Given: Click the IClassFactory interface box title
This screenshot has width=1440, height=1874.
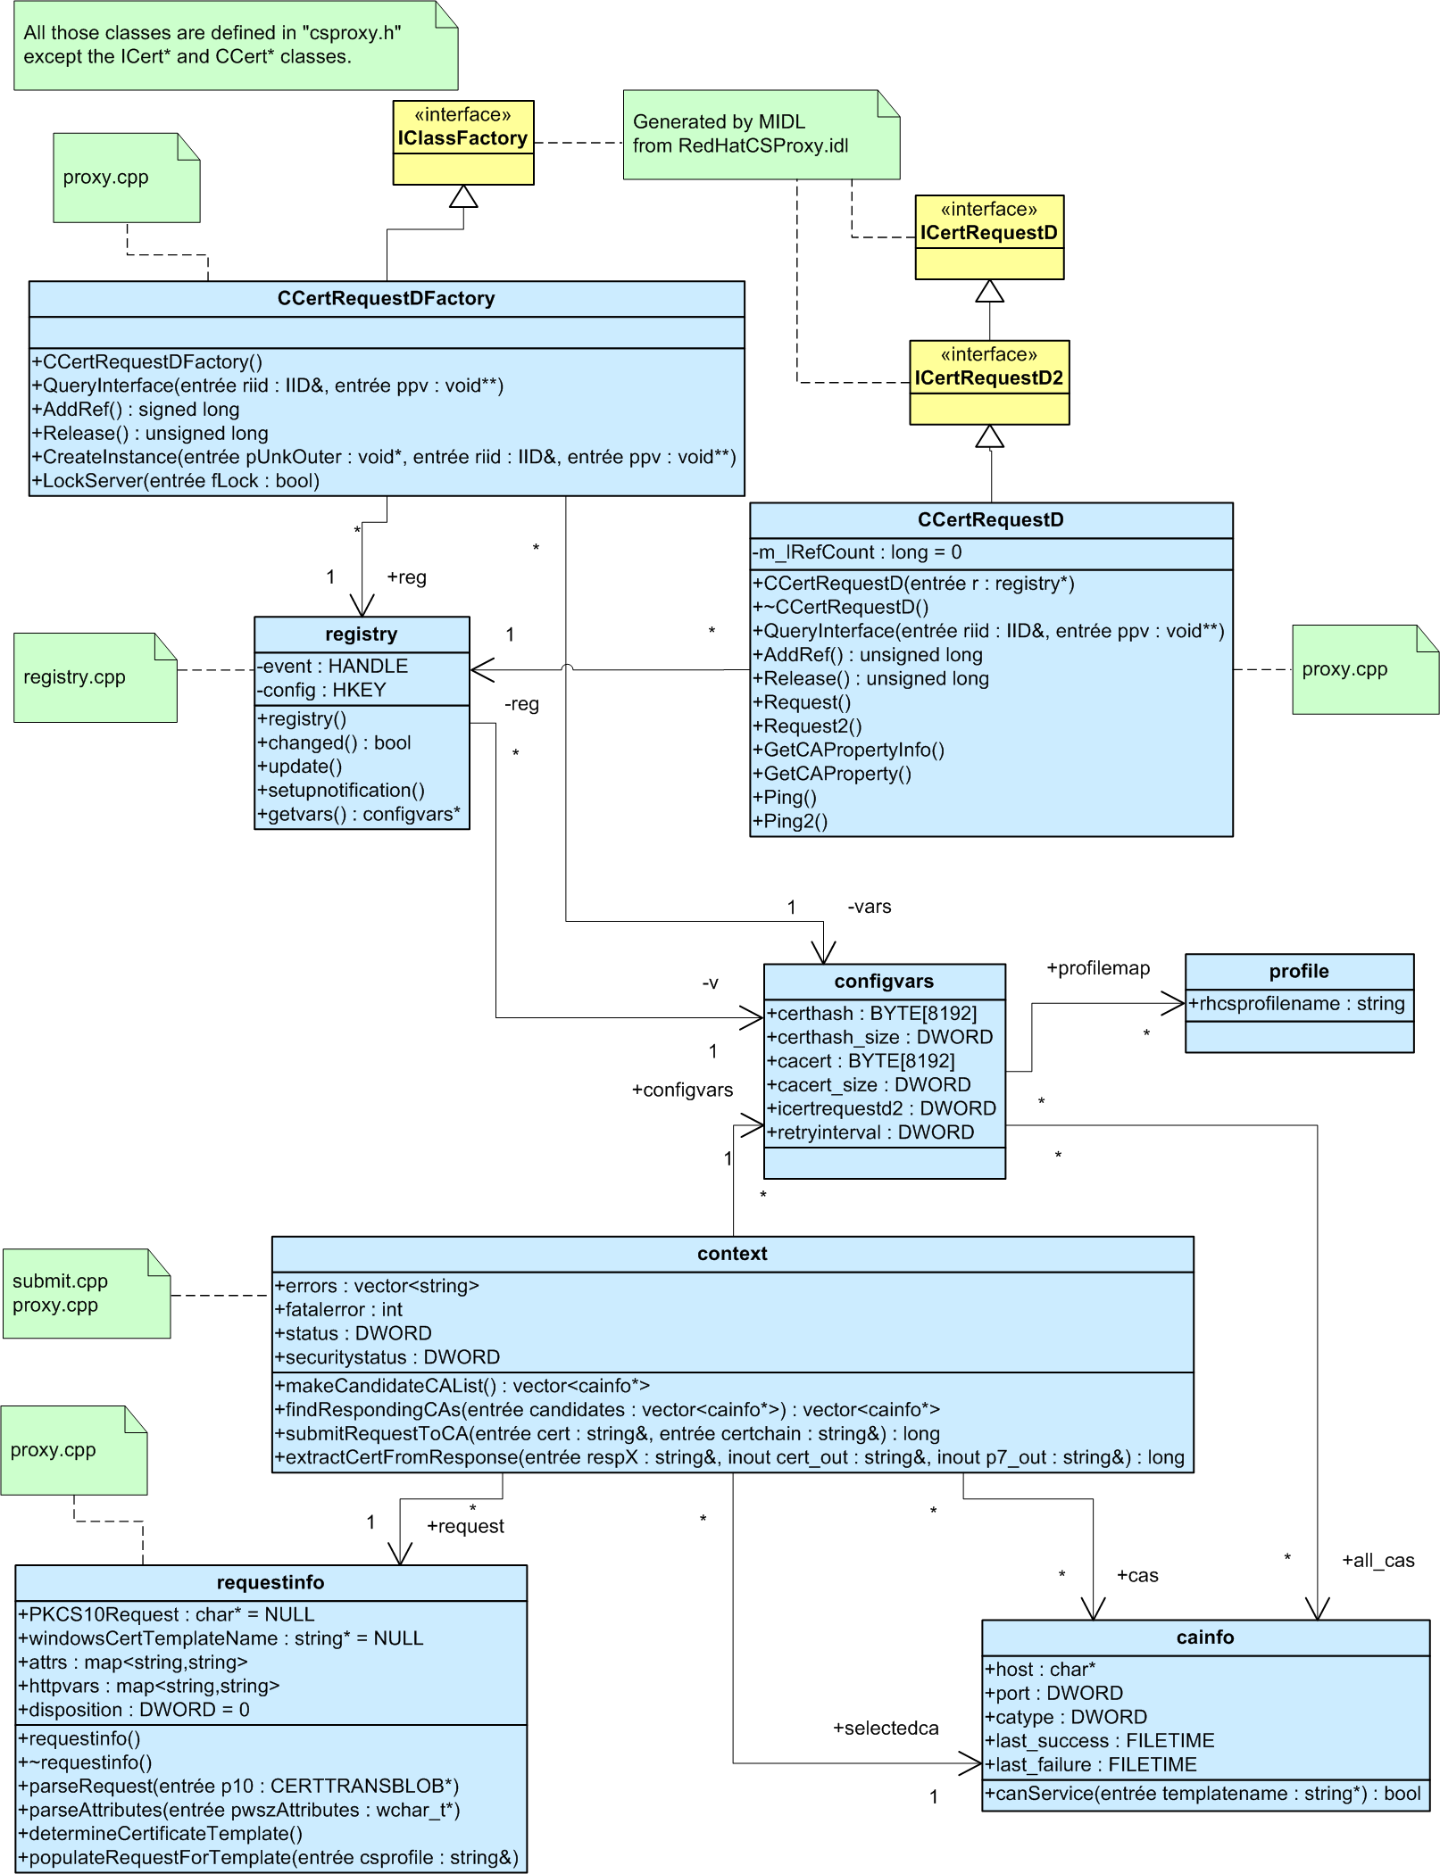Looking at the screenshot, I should (x=462, y=138).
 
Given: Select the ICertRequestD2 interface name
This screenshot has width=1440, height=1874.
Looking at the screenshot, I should (x=988, y=378).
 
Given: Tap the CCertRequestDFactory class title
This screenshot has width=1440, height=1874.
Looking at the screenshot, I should (x=386, y=299).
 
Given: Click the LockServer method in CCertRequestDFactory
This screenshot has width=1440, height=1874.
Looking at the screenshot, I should (x=176, y=481).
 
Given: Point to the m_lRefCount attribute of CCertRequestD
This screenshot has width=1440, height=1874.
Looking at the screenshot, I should (x=857, y=552).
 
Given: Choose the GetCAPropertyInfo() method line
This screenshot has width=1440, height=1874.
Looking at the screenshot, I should (x=853, y=750).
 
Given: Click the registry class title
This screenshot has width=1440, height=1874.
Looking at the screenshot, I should (x=361, y=634).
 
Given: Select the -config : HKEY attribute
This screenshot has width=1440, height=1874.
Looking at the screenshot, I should (x=321, y=691).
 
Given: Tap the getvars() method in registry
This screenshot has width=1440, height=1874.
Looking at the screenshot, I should (x=359, y=815).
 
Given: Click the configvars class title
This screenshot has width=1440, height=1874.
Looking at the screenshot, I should (x=884, y=982).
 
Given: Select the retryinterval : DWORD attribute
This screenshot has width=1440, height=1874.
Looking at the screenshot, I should (x=870, y=1133).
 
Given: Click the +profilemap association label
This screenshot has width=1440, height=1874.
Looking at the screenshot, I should (x=1098, y=968).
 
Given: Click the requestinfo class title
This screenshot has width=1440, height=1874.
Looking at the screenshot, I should (x=271, y=1583).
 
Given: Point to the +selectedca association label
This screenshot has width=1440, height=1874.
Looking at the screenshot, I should (x=886, y=1729).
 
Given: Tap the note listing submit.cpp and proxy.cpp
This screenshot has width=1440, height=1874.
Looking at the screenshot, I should (x=86, y=1294).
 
